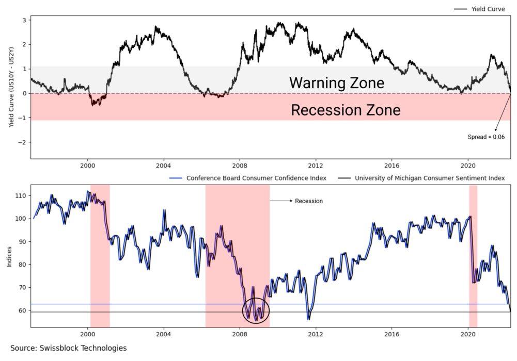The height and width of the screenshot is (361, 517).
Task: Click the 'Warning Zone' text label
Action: click(x=336, y=83)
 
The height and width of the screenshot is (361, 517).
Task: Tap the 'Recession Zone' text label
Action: click(x=346, y=110)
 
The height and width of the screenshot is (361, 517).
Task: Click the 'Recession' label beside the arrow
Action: click(x=308, y=201)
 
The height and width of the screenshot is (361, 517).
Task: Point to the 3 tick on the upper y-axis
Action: click(x=24, y=20)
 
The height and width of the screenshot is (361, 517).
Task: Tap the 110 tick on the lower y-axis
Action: click(x=22, y=196)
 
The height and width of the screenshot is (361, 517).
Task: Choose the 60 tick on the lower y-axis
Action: click(x=23, y=310)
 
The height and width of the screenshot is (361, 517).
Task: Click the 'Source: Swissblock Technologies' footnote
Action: click(x=68, y=348)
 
